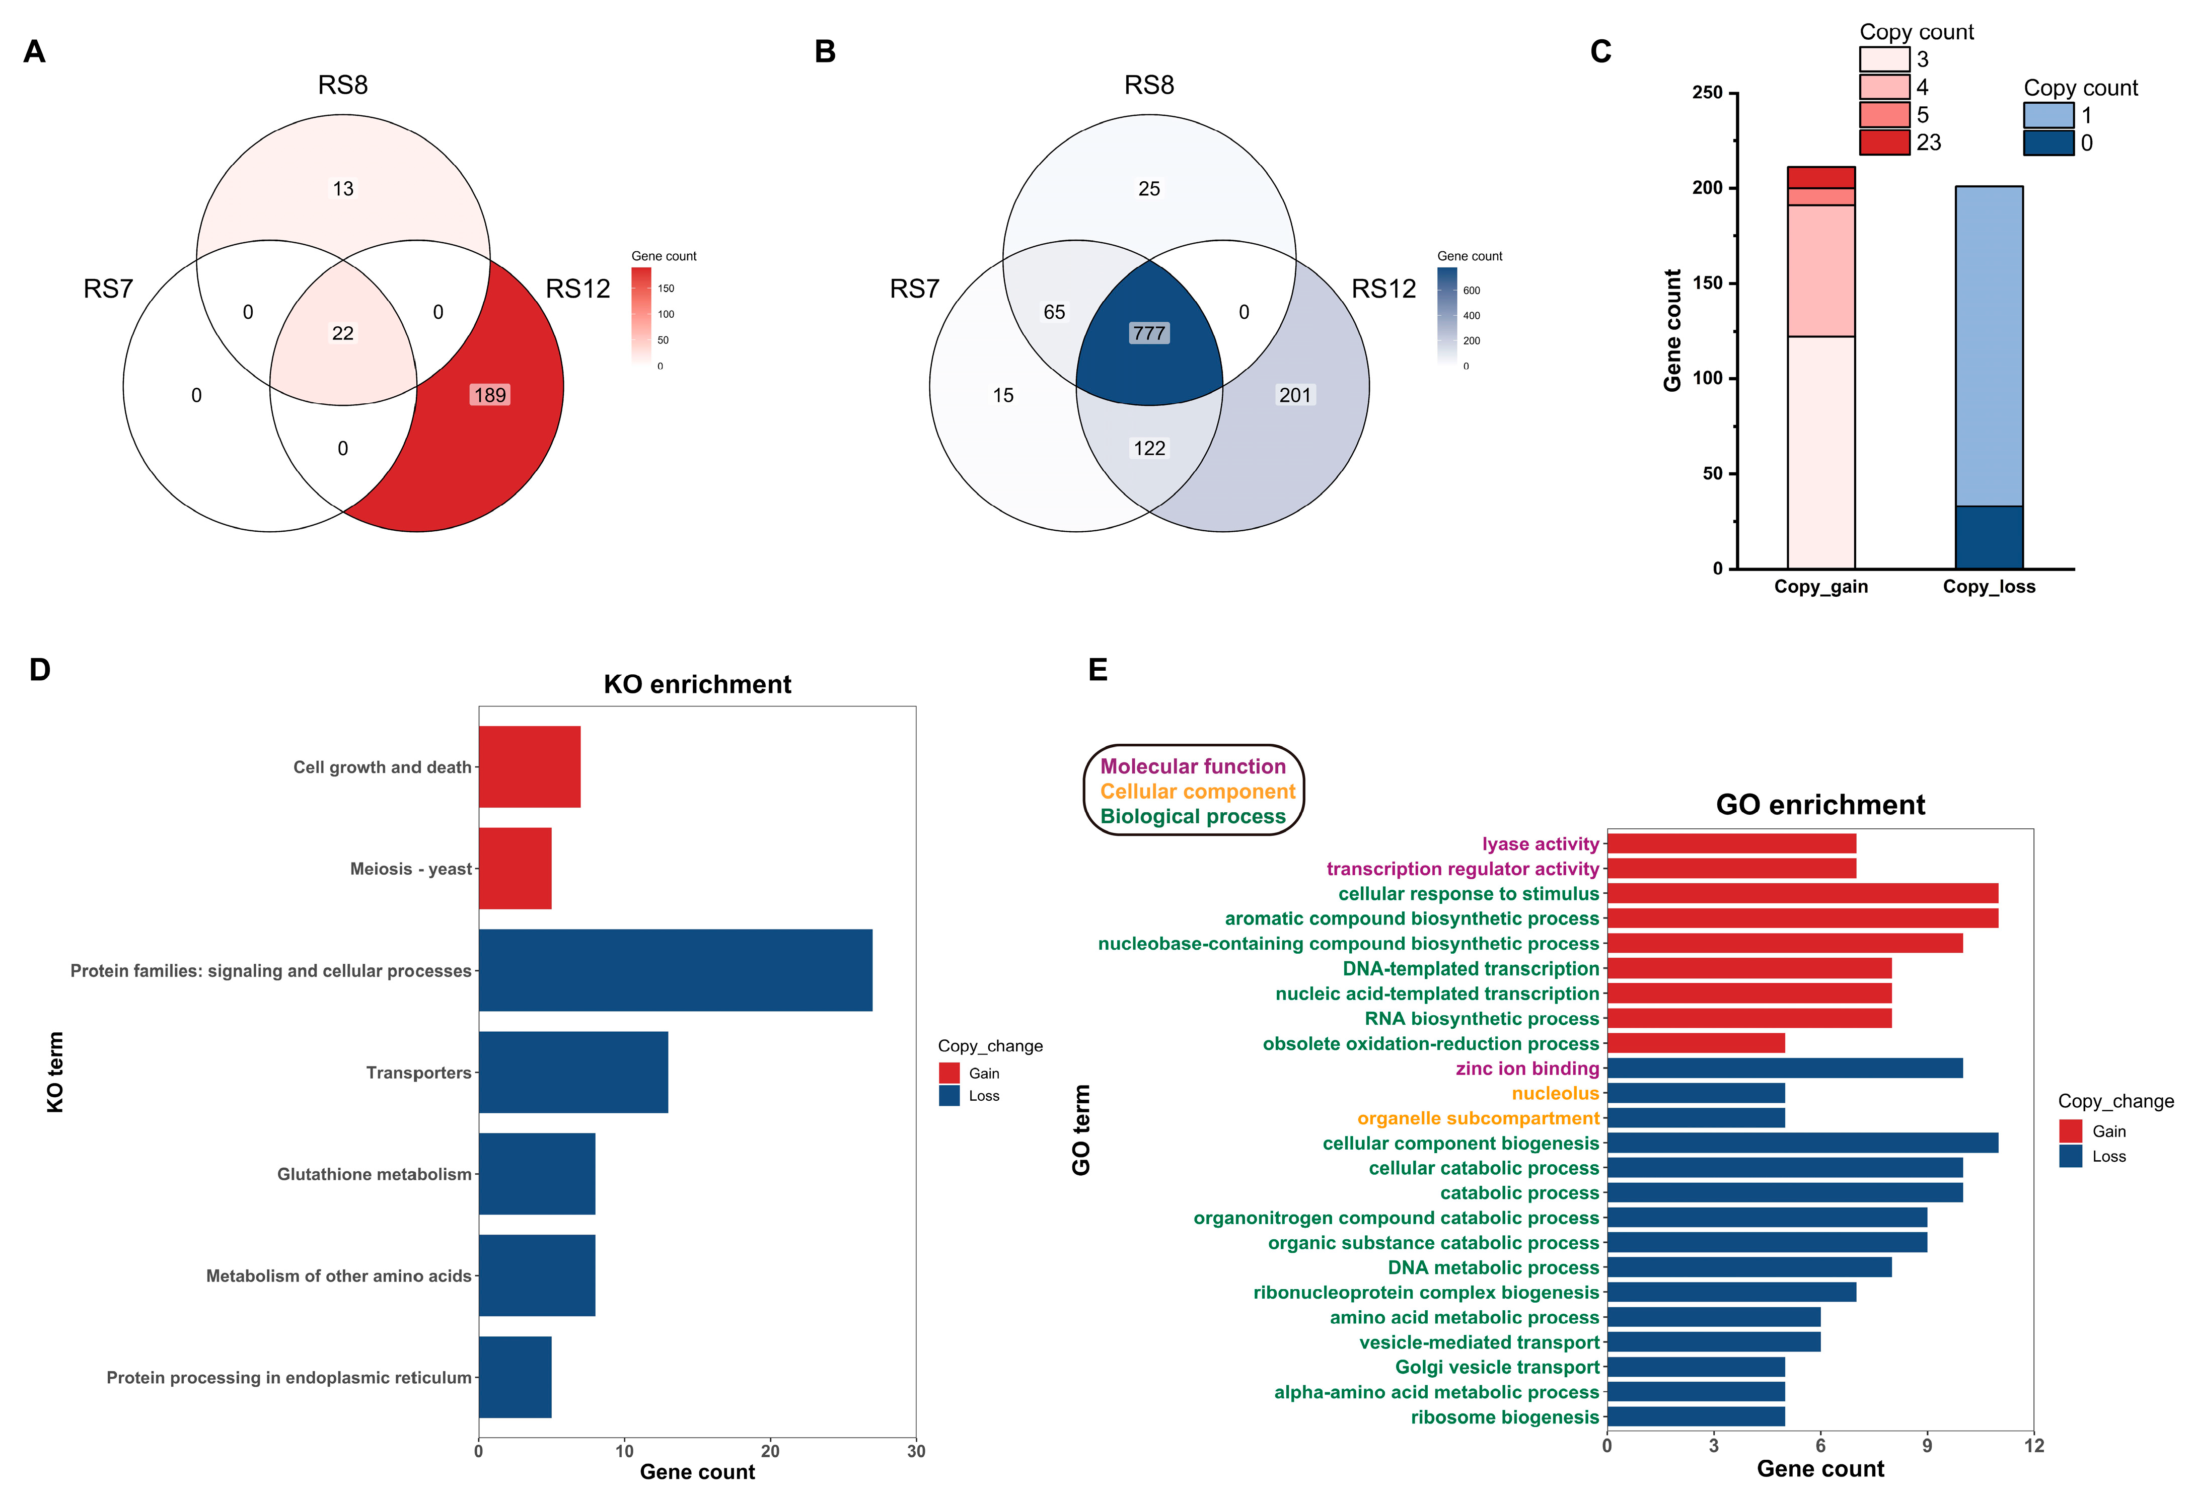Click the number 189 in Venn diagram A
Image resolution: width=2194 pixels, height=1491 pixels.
tap(490, 395)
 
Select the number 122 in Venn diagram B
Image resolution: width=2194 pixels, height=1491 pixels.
tap(1149, 449)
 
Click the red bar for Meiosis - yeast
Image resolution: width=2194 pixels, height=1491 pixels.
tap(515, 869)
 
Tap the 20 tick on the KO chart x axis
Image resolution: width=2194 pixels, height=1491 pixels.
tap(770, 1451)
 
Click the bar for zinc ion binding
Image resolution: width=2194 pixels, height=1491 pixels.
tap(1784, 1068)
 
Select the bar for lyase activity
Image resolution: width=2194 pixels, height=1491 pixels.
tap(1731, 843)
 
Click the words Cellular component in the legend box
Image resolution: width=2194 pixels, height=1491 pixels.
tap(1197, 791)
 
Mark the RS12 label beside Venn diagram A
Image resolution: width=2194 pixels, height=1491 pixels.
tap(578, 289)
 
